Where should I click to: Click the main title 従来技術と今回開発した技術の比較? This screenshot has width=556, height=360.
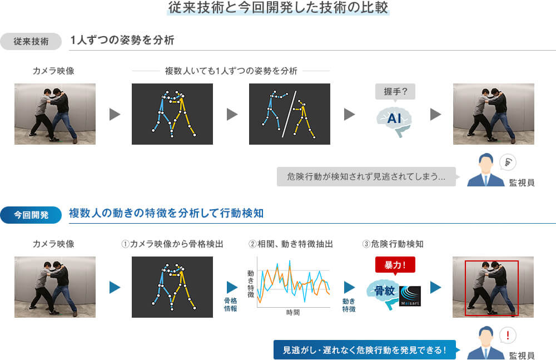278,8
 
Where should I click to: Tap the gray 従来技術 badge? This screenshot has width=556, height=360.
31,42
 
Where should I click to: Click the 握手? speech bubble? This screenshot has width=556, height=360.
395,91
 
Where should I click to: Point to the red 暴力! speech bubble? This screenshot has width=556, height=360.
395,264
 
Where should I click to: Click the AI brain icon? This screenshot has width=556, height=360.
394,119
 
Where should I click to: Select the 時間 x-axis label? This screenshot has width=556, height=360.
293,313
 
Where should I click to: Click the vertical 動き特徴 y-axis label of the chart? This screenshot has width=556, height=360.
251,283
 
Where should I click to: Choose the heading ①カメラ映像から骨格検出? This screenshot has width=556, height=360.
172,244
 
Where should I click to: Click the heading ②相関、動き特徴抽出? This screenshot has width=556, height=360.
291,244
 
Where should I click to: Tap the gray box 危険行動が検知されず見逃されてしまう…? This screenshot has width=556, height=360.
366,176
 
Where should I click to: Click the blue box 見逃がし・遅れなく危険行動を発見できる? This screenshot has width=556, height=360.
365,350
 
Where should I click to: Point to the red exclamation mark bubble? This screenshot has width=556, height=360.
508,336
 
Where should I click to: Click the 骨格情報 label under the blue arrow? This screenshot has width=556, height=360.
230,304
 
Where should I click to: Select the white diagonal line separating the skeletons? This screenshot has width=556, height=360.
289,114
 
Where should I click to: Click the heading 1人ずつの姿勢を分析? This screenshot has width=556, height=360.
122,41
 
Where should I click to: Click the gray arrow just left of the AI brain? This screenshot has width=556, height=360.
350,114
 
